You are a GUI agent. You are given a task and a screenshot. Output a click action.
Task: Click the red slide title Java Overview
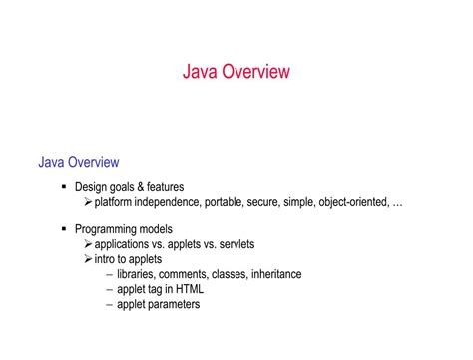(236, 72)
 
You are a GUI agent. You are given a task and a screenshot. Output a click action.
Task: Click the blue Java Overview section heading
(79, 162)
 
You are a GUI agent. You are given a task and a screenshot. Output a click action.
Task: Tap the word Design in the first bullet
(92, 187)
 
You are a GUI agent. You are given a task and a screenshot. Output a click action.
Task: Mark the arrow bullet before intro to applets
(88, 259)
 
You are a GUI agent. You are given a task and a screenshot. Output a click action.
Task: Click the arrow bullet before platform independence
(88, 202)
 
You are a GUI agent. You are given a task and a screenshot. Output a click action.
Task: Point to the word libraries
(137, 274)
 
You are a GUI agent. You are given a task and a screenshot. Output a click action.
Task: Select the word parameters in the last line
(173, 304)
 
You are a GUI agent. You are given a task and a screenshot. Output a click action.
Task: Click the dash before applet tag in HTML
(109, 289)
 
